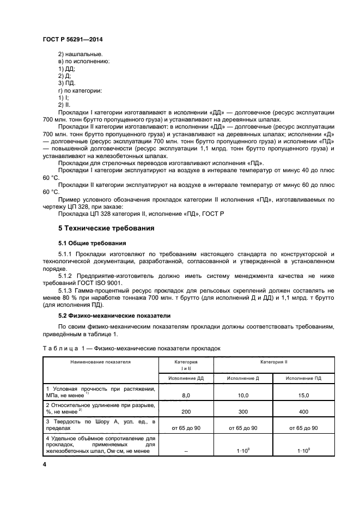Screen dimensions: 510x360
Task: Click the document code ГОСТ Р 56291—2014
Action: [72, 40]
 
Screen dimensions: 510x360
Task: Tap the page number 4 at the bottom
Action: [44, 464]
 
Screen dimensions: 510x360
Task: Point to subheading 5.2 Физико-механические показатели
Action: [114, 315]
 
